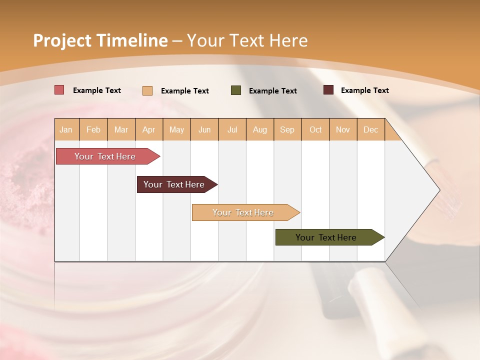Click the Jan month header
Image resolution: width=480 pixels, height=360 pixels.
tap(66, 130)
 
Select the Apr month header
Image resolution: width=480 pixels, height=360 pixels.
tap(148, 130)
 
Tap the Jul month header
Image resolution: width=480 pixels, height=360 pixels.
tap(232, 130)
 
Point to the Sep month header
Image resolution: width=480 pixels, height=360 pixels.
tap(287, 130)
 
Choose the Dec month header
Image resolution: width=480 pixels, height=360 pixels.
tap(370, 130)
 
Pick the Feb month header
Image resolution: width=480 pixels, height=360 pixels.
tap(93, 130)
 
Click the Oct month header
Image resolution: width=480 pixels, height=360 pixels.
tap(315, 130)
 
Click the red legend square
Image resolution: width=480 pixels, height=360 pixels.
tap(59, 90)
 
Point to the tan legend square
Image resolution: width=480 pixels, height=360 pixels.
tap(147, 90)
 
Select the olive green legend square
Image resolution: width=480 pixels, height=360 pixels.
tap(236, 90)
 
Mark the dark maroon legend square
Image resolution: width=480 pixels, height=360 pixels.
tap(328, 90)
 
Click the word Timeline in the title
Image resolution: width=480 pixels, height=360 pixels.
tap(131, 40)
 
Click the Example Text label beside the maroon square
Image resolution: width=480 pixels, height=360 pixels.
tap(364, 90)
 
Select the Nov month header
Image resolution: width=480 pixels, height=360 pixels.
tap(343, 130)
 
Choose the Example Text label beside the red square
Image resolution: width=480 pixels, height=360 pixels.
tap(97, 90)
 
